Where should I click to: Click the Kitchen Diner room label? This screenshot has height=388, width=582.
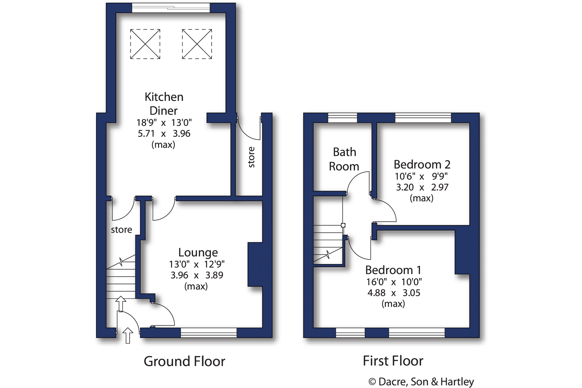click(x=164, y=104)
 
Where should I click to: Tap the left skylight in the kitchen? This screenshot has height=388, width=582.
click(x=145, y=44)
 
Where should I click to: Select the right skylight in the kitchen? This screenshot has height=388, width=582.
click(x=197, y=44)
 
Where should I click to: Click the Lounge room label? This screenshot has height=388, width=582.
click(x=198, y=252)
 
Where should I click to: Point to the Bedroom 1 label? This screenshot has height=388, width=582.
click(x=393, y=270)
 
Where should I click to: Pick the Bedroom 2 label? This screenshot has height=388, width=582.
click(x=422, y=165)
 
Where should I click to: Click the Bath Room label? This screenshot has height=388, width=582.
click(x=344, y=159)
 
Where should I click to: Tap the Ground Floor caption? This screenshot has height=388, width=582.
click(x=184, y=361)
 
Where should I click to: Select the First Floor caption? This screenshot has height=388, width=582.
click(x=393, y=361)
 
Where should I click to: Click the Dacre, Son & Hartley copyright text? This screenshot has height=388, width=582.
click(x=421, y=381)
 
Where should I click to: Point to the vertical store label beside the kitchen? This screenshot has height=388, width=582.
click(x=251, y=157)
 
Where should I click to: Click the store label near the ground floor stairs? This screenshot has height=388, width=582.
click(x=121, y=229)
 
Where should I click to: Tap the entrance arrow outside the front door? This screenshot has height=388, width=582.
click(x=128, y=335)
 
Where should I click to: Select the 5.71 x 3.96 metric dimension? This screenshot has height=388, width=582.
click(x=164, y=133)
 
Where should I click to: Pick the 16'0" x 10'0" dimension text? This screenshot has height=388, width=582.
click(x=394, y=281)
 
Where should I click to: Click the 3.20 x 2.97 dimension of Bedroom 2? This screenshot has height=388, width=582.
click(x=422, y=187)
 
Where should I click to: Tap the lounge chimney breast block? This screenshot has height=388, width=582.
click(x=255, y=264)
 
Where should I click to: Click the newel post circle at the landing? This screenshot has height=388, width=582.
click(x=343, y=225)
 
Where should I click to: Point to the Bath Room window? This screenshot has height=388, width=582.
click(x=342, y=118)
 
